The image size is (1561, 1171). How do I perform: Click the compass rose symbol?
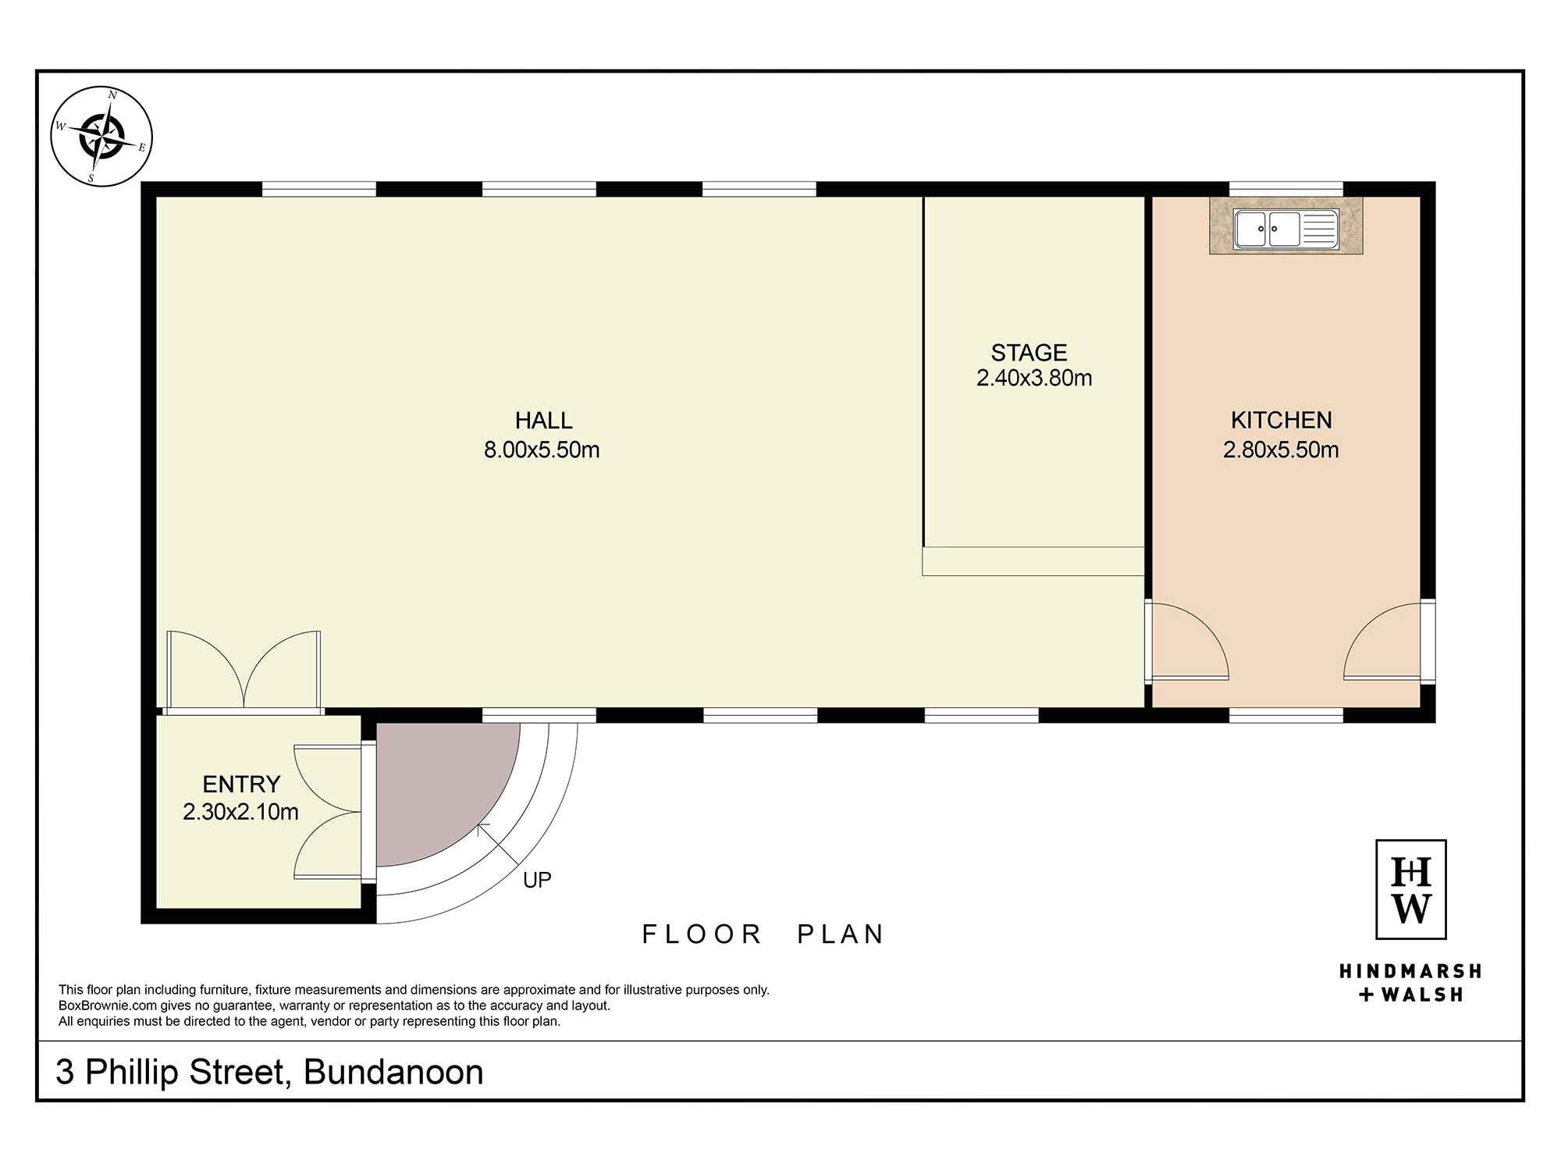(x=101, y=137)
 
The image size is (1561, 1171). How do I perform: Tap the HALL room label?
(x=544, y=421)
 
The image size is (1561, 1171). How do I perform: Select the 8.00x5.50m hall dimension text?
(x=542, y=450)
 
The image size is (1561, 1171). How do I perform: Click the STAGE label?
(x=1029, y=353)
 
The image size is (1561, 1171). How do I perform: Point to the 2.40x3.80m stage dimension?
(x=1034, y=379)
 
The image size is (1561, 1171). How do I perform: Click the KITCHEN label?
(x=1282, y=420)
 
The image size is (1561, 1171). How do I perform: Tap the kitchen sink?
(x=1285, y=230)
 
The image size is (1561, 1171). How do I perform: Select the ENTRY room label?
(x=241, y=784)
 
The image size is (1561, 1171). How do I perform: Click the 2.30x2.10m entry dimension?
(x=240, y=812)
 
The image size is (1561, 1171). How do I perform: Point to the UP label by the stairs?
(x=537, y=880)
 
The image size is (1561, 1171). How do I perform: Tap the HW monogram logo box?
(x=1410, y=889)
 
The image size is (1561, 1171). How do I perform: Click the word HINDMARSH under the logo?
(x=1410, y=972)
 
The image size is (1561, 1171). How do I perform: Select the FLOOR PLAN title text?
(x=763, y=934)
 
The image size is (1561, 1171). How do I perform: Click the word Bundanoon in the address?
(x=393, y=1072)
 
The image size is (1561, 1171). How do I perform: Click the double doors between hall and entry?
(x=244, y=671)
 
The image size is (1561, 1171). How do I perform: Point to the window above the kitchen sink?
(x=1286, y=189)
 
